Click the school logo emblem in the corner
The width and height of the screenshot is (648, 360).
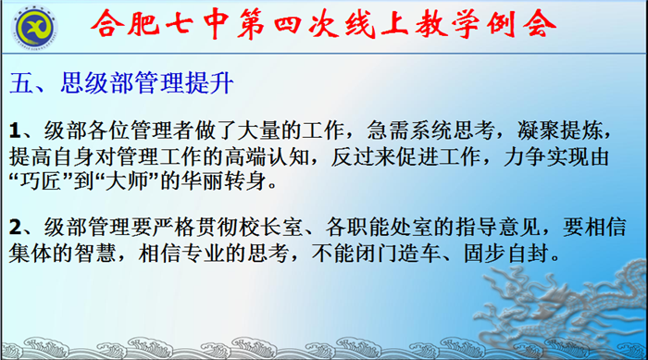(x=34, y=25)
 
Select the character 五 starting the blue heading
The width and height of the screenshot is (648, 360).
(x=20, y=83)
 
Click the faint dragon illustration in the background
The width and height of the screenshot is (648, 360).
(x=546, y=305)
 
